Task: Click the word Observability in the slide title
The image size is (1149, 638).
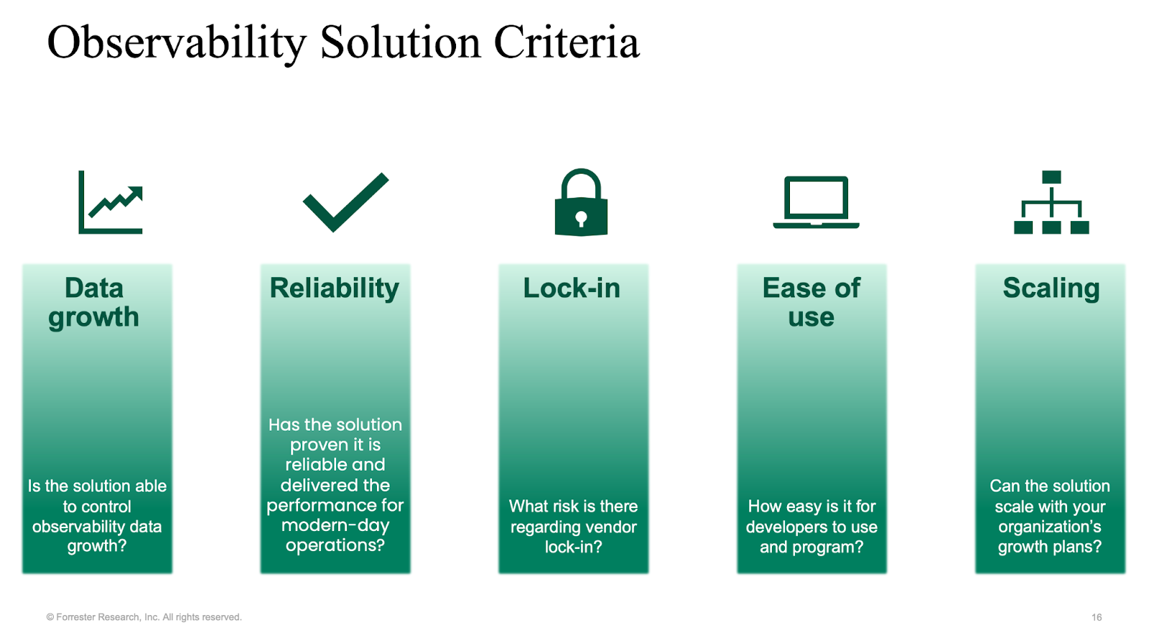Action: point(177,43)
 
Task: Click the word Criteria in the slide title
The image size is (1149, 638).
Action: point(567,42)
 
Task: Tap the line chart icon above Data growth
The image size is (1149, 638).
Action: point(111,202)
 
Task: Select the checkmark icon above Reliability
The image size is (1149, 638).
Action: point(345,202)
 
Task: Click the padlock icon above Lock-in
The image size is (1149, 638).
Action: point(581,202)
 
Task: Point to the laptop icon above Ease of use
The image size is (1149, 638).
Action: point(816,202)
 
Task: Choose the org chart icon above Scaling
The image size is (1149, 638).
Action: point(1051,202)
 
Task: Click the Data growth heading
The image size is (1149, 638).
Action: point(94,302)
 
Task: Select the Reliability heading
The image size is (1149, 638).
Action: point(335,288)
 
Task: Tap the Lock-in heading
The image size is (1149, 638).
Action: point(572,288)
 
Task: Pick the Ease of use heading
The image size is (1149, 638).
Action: point(811,302)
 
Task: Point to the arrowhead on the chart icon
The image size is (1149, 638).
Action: point(136,193)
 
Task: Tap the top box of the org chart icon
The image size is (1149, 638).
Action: point(1051,177)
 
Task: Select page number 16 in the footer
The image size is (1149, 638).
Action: point(1096,617)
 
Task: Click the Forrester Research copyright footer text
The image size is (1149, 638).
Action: point(144,617)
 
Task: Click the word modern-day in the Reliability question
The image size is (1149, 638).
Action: point(335,526)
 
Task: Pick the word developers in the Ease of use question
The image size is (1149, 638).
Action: point(786,527)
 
